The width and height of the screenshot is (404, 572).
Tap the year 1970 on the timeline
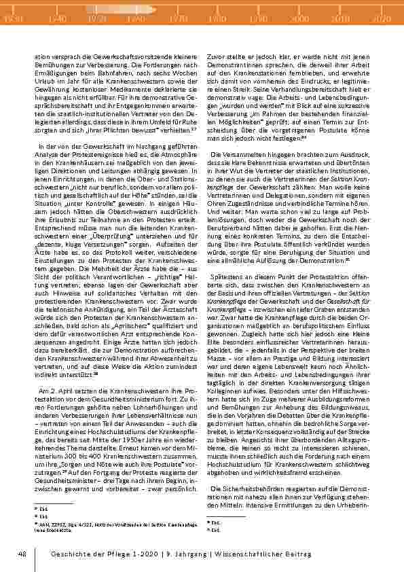click(179, 20)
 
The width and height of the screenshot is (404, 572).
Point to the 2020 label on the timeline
click(381, 20)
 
